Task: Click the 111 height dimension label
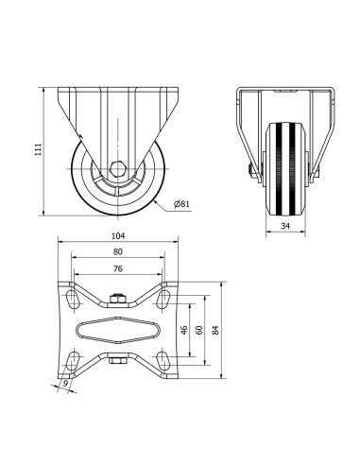pyautogui.click(x=38, y=149)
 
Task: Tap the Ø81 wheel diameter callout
pyautogui.click(x=181, y=204)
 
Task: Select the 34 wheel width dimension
pyautogui.click(x=285, y=226)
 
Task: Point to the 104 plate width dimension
pyautogui.click(x=118, y=235)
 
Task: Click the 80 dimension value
pyautogui.click(x=118, y=251)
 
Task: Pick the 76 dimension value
pyautogui.click(x=118, y=268)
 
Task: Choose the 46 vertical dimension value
pyautogui.click(x=184, y=330)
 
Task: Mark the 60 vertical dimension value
pyautogui.click(x=199, y=330)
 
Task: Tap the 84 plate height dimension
pyautogui.click(x=215, y=330)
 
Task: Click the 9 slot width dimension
pyautogui.click(x=66, y=384)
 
